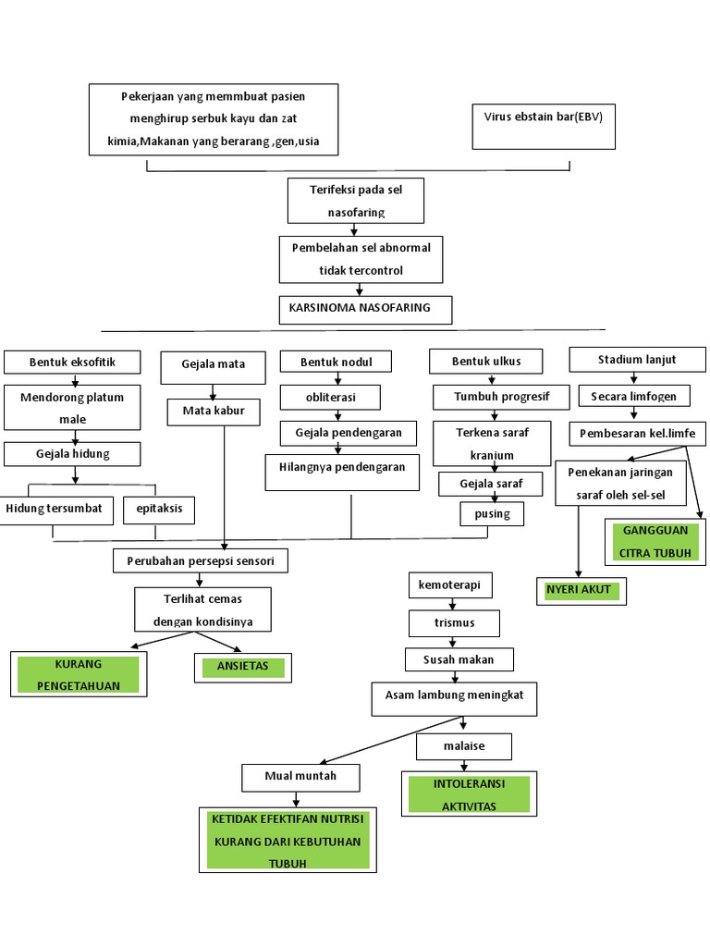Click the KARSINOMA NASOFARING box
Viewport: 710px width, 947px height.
pos(365,310)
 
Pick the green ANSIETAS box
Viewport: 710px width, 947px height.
pos(243,668)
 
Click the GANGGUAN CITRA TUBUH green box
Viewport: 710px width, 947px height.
pos(656,542)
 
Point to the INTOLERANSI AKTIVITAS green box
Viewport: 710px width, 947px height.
pos(469,794)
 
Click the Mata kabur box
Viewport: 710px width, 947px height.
pos(214,411)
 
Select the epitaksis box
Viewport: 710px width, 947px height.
pos(159,510)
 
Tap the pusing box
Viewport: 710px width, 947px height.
pos(492,513)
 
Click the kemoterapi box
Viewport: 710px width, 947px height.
pos(450,585)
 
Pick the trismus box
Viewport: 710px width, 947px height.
pos(454,623)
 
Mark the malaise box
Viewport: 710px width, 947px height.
pos(463,745)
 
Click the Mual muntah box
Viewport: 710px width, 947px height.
pos(300,777)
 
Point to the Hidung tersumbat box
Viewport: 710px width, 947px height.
pos(58,510)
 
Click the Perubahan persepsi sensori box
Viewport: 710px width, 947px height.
pos(200,560)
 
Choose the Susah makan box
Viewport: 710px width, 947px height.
pos(459,659)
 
